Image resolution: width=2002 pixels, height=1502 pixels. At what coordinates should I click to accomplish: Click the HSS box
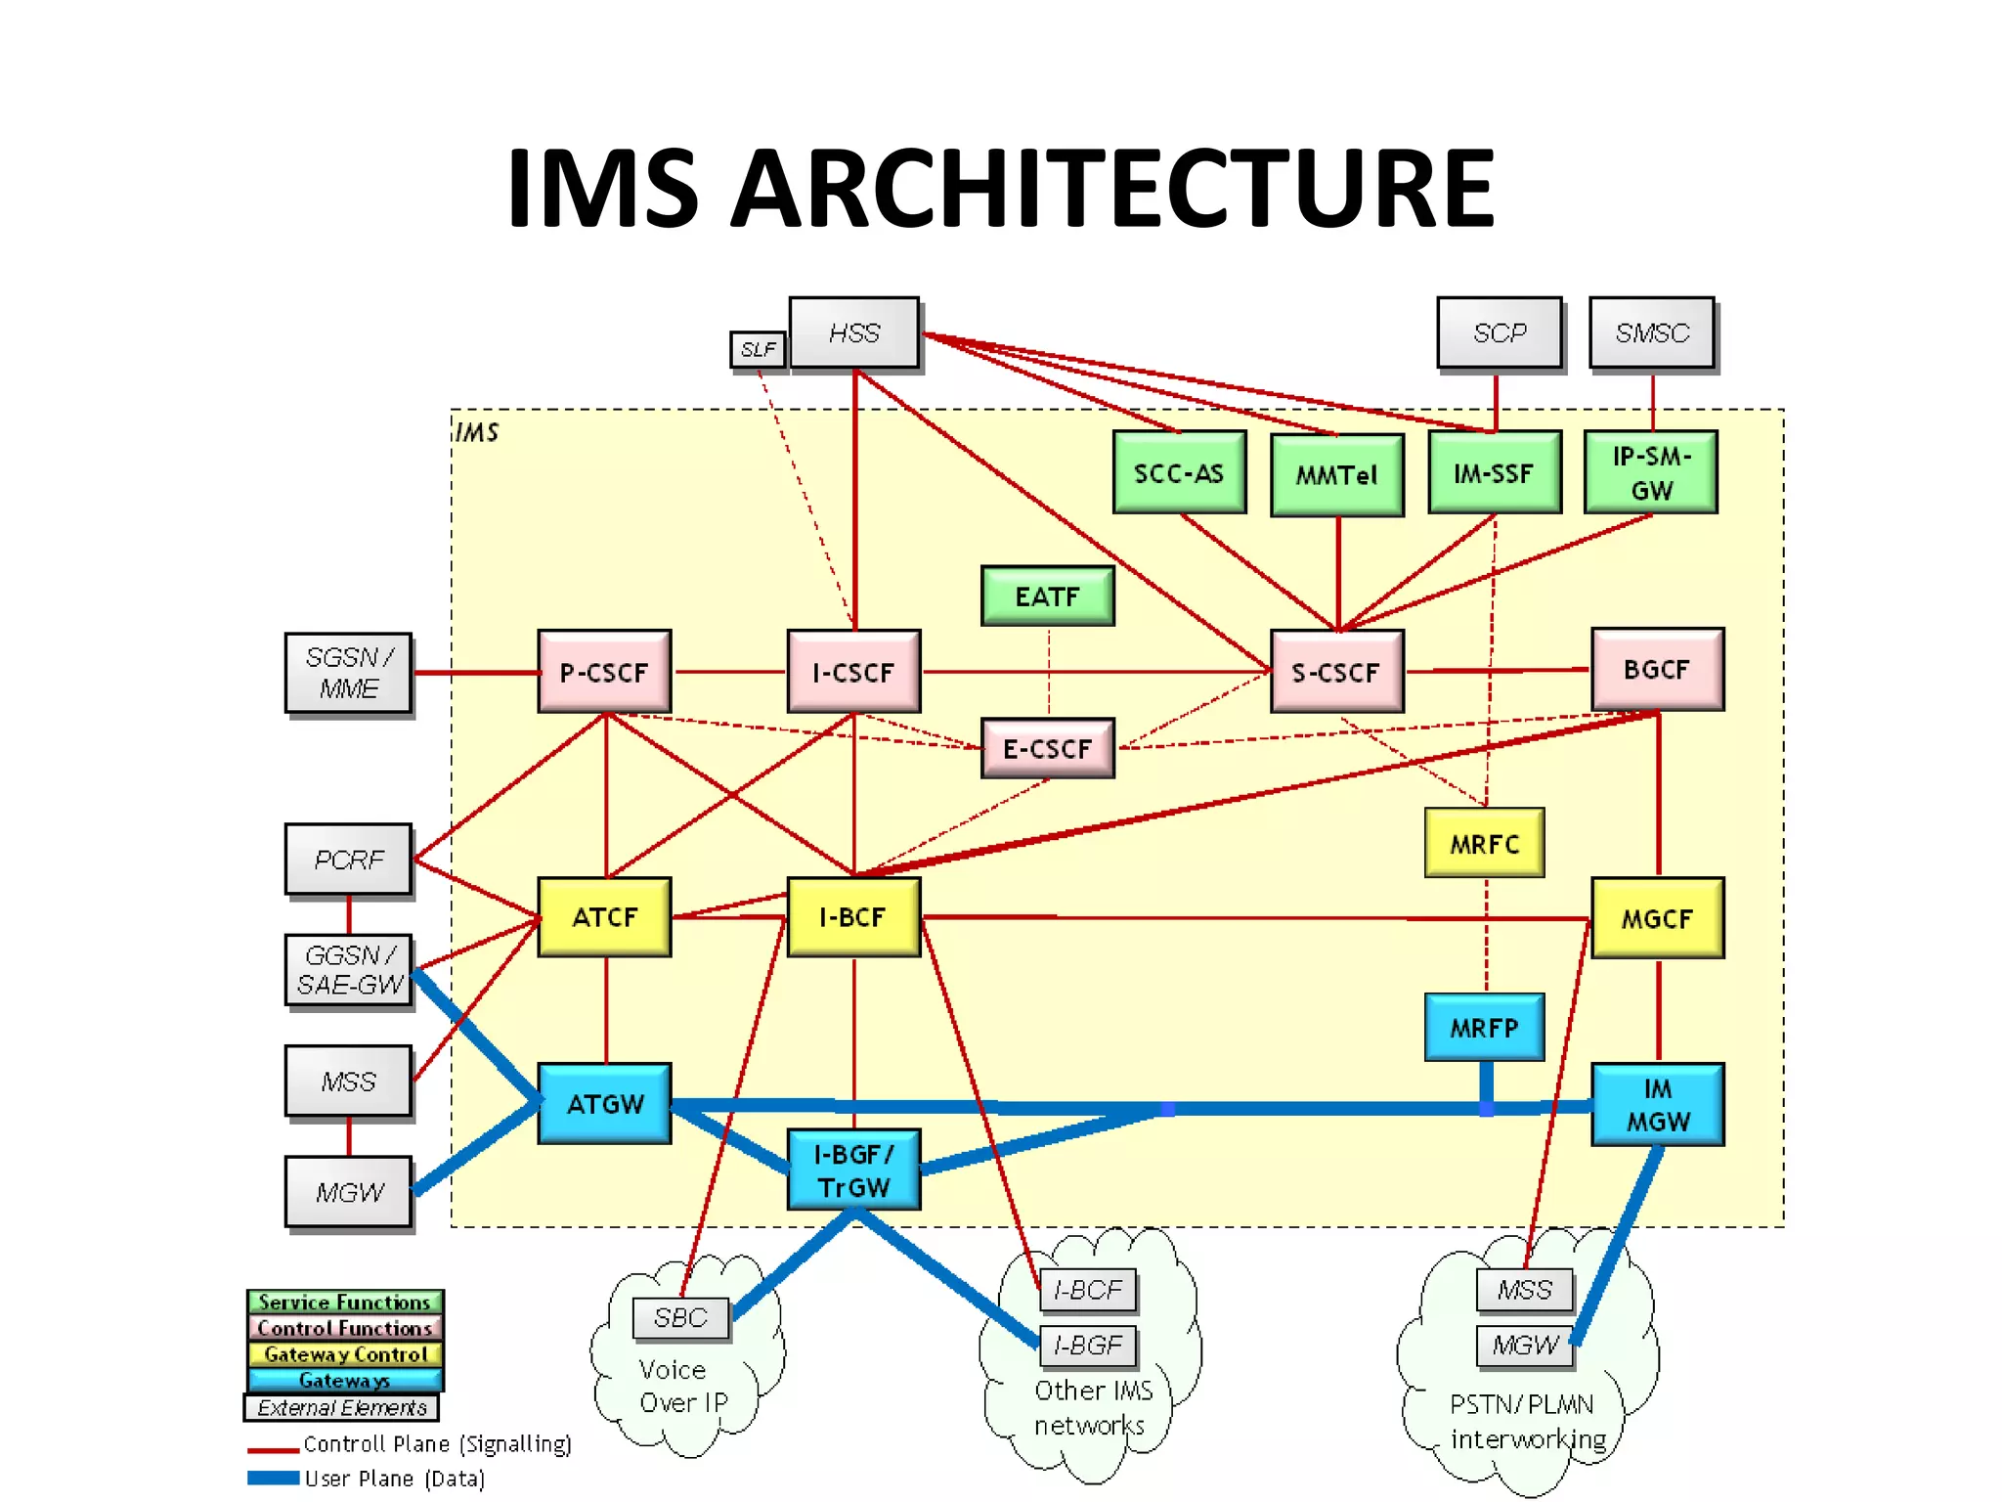pos(853,333)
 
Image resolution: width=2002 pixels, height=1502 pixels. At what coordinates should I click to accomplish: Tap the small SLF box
pos(758,349)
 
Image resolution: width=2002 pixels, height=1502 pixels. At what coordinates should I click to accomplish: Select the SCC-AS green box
pos(1179,473)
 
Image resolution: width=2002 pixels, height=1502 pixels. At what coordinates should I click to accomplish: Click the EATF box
pos(1047,596)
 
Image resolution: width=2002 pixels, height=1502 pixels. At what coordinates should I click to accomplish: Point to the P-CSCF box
pos(604,672)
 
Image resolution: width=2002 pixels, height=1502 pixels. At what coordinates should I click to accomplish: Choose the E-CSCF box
pos(1047,749)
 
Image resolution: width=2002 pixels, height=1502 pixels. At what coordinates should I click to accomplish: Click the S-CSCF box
pos(1336,672)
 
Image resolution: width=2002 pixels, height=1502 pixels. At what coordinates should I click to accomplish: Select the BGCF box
pos(1657,670)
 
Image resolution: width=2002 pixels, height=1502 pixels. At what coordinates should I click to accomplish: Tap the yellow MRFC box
pos(1484,843)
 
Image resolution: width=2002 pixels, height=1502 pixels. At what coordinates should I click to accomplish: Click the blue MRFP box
pos(1484,1028)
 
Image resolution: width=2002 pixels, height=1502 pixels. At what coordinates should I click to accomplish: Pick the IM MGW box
pos(1657,1105)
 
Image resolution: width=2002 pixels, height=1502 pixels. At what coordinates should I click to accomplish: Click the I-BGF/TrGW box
pos(853,1171)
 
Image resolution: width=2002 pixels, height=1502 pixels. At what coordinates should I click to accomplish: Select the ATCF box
pos(604,917)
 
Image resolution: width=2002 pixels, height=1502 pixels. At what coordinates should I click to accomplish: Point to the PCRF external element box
pos(349,860)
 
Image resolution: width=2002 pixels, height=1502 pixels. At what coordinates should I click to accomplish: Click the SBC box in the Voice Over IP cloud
pos(680,1318)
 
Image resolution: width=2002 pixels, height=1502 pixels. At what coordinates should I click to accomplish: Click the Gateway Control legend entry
pos(345,1354)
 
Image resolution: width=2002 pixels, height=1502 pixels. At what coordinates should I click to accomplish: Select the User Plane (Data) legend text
pos(394,1479)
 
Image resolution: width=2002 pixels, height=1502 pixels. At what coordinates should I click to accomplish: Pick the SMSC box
pos(1652,333)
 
